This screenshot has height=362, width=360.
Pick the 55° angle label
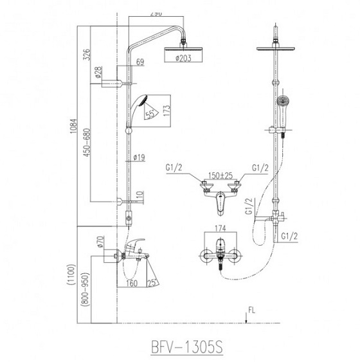pos(149,114)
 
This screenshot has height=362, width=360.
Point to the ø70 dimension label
pos(100,244)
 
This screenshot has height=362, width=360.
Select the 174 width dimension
pos(220,228)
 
